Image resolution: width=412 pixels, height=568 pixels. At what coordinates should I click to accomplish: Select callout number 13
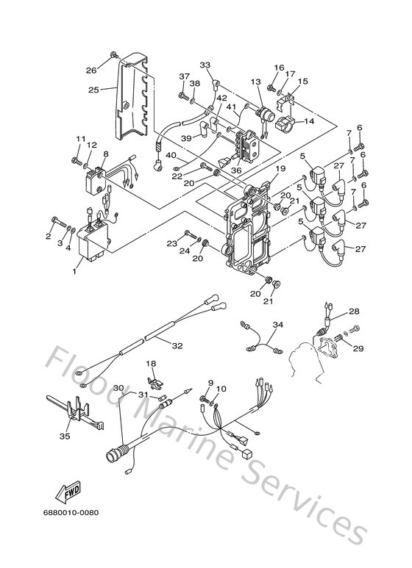coord(255,82)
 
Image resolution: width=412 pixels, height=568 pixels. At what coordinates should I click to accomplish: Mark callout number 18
coord(152,364)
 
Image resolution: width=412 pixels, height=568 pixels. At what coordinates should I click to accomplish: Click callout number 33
coord(205,65)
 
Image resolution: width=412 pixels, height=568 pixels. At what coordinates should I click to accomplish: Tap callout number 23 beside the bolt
coord(171,242)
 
